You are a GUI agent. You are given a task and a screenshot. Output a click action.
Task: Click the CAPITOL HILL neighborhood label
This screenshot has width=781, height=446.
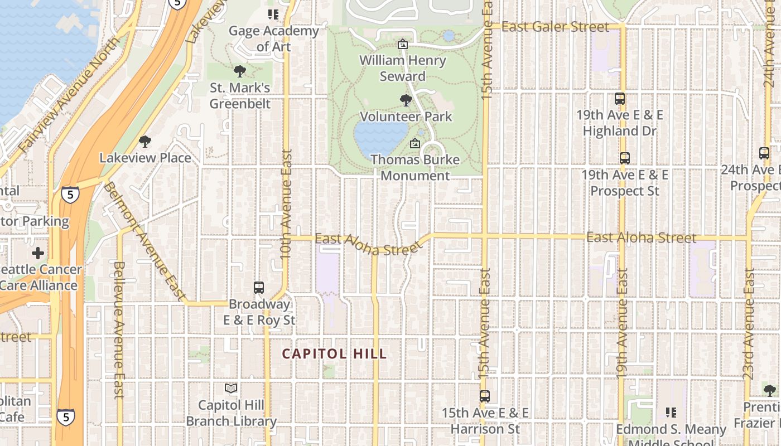click(x=334, y=353)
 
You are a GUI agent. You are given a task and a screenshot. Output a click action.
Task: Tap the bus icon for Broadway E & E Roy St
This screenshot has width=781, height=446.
click(x=258, y=288)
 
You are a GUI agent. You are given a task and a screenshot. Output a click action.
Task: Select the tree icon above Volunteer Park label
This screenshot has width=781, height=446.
click(x=406, y=100)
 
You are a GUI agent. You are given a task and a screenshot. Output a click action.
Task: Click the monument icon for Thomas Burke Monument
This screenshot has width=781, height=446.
click(x=414, y=143)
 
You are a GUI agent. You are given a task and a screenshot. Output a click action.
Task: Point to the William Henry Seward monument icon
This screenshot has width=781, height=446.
click(x=402, y=43)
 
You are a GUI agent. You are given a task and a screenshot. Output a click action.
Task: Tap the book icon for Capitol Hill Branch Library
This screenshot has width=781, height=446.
click(x=231, y=388)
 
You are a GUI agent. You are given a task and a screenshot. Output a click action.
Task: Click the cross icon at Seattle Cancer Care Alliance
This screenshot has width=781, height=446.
click(x=38, y=253)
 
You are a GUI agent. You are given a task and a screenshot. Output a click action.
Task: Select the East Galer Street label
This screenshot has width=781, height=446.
click(x=555, y=27)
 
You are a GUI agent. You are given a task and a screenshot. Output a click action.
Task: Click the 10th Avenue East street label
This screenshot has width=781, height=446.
click(x=286, y=203)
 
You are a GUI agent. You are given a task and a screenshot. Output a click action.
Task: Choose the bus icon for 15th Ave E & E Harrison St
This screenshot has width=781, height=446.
click(x=485, y=396)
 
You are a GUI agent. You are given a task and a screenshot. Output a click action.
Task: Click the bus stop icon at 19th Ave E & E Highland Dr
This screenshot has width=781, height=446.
click(x=619, y=99)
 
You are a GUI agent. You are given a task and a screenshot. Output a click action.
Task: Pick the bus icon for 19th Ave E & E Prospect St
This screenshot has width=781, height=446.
click(x=624, y=158)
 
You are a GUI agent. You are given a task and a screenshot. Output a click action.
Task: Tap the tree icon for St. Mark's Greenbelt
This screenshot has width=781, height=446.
click(x=240, y=71)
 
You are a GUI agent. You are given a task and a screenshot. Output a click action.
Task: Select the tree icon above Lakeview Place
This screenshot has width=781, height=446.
click(x=145, y=142)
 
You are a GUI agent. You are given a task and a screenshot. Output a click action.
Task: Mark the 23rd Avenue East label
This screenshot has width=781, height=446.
click(x=749, y=323)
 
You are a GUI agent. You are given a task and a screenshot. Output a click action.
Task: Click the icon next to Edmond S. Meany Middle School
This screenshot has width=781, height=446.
click(x=671, y=413)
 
